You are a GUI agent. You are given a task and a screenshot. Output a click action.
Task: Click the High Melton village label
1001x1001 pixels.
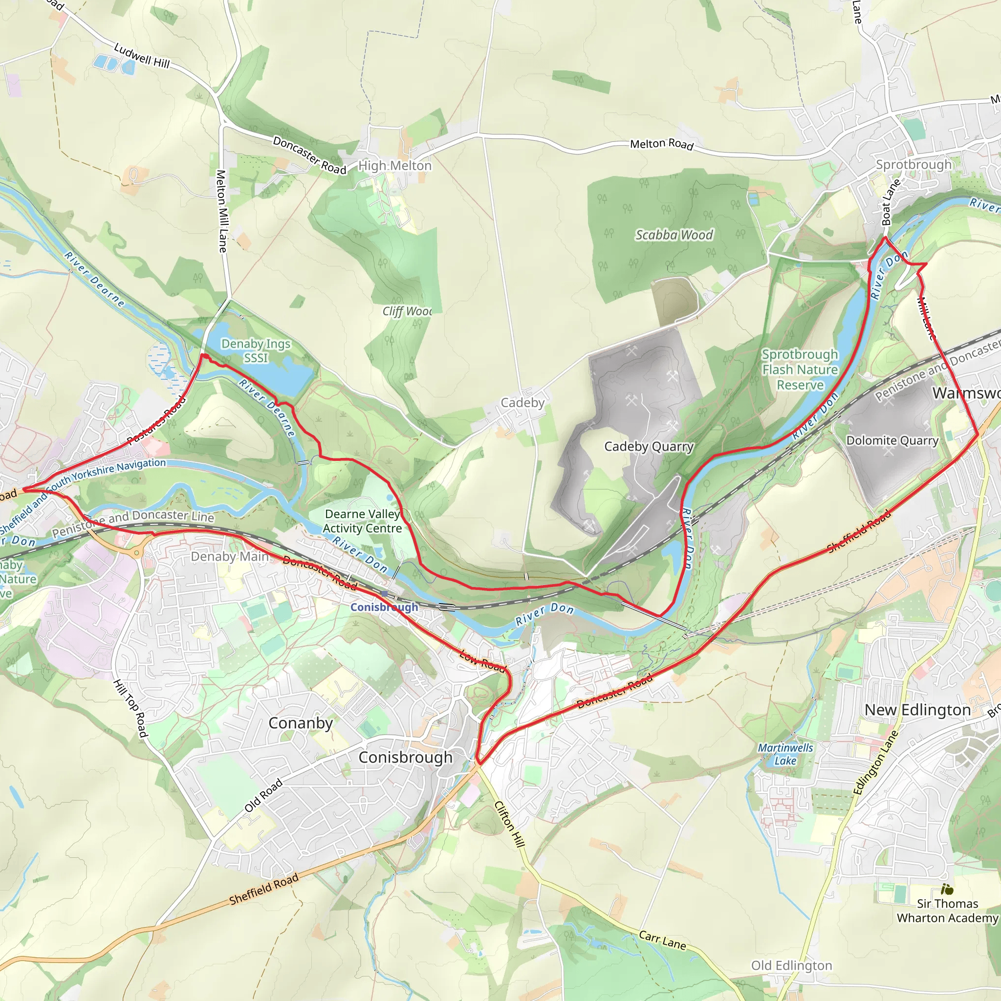[395, 166]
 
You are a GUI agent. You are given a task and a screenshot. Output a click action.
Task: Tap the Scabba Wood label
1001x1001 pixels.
[674, 235]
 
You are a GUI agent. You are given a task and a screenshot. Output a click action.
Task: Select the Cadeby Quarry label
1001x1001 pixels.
[649, 447]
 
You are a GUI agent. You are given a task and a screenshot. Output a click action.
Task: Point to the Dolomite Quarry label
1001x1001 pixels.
[892, 440]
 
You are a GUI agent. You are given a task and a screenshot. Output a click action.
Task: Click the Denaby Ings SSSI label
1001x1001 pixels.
[256, 351]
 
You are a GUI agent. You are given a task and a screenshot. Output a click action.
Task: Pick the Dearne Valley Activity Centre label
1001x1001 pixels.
[363, 521]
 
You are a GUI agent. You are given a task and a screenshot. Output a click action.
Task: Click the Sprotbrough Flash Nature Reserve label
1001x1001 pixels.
[800, 370]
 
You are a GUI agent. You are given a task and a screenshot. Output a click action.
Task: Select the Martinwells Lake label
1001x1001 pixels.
[785, 754]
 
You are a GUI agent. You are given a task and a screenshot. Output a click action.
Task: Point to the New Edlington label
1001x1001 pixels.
[917, 710]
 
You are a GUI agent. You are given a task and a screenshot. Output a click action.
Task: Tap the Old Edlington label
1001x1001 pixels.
[792, 965]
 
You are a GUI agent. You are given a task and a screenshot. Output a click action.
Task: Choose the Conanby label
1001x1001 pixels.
[301, 723]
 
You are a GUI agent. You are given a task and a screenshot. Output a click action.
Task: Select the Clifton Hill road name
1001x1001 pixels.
[510, 824]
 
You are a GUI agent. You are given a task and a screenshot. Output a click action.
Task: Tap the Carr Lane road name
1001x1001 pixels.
[662, 940]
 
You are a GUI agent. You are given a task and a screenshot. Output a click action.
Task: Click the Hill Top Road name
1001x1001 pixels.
[131, 708]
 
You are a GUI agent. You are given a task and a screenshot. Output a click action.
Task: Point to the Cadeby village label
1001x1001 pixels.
[522, 403]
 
